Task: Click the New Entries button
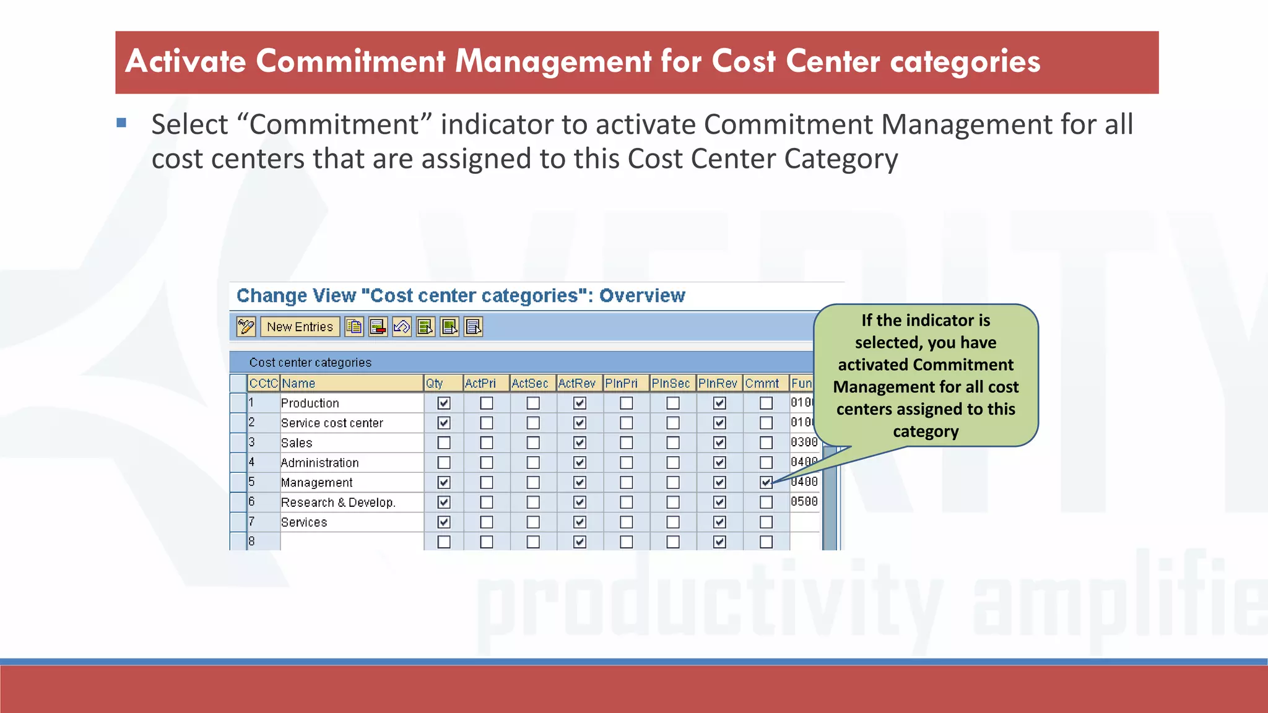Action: pos(300,327)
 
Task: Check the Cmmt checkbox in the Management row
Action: pos(766,482)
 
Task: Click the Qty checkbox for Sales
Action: pos(443,443)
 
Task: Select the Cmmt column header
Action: pos(762,383)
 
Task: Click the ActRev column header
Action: pos(576,383)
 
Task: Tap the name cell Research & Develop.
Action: pos(338,502)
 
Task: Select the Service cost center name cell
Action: pos(332,423)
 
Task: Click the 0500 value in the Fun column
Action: pos(804,501)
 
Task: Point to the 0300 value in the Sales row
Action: pos(804,442)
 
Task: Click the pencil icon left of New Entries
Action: pos(246,327)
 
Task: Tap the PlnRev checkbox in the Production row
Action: pos(719,403)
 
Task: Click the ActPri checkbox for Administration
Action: pos(487,462)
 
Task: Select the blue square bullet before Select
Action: pos(121,123)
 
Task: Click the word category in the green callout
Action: pos(925,431)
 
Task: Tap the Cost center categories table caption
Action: pos(310,362)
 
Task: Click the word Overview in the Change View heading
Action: pos(642,296)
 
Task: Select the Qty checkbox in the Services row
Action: pos(443,522)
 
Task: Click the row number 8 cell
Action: pos(252,541)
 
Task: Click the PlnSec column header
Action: pos(670,383)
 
